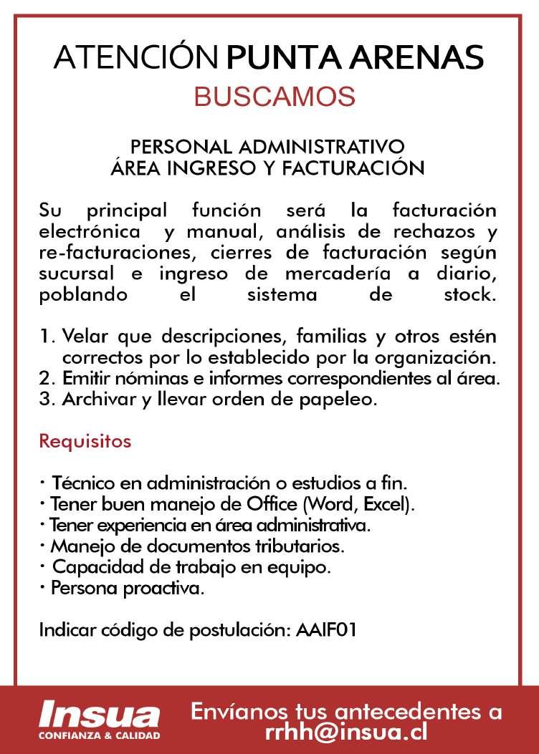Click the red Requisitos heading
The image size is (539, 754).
click(85, 440)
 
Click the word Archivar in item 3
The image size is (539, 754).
click(92, 400)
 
